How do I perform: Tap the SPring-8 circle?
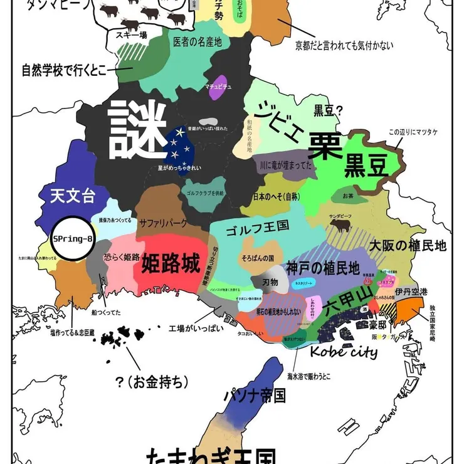(73, 239)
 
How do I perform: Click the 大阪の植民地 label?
(407, 245)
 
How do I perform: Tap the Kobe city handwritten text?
(344, 351)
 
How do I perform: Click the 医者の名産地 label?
(198, 42)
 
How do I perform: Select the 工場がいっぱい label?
(196, 329)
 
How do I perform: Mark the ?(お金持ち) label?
(152, 381)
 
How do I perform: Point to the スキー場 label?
(132, 36)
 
